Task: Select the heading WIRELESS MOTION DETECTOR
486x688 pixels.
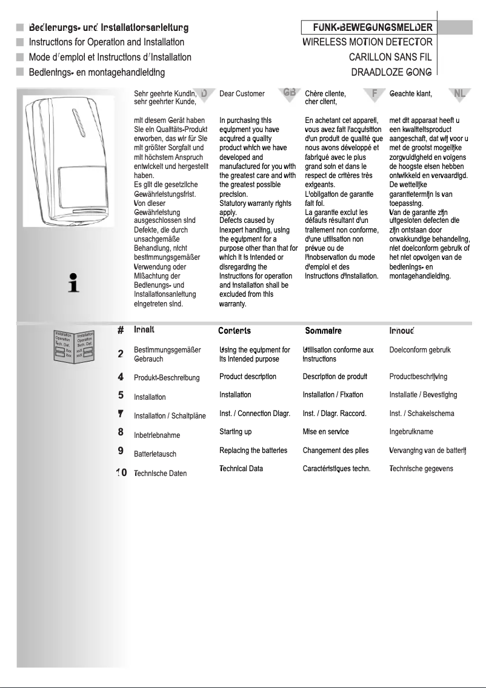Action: (367, 42)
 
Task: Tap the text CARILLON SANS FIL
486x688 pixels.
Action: (390, 58)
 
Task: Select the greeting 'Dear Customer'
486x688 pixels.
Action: (242, 94)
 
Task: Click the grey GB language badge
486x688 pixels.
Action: (289, 92)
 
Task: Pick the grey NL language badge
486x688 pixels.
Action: (460, 93)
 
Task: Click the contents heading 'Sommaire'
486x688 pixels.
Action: (323, 331)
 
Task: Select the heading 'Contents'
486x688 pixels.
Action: (235, 331)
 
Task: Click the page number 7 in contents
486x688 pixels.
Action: (121, 414)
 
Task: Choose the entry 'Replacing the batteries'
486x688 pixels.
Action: (253, 451)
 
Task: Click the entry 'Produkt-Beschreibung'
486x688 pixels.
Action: (167, 378)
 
